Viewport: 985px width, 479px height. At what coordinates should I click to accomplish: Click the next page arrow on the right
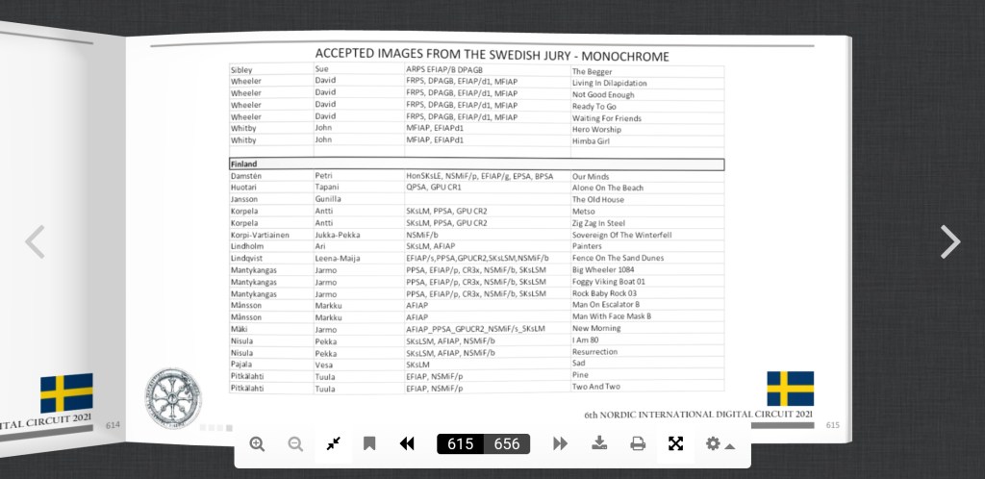click(949, 242)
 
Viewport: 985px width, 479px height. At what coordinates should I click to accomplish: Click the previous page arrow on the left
click(35, 242)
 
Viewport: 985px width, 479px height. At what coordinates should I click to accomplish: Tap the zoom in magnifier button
click(257, 443)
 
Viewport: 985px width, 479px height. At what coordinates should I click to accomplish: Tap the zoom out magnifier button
click(295, 443)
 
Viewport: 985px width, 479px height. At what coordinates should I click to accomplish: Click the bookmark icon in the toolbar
click(369, 443)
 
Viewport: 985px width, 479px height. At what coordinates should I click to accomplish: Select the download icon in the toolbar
click(599, 443)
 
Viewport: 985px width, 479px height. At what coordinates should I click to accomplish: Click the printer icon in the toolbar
click(638, 443)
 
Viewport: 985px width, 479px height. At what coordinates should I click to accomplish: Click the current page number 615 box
click(461, 443)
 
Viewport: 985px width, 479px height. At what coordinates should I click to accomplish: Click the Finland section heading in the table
click(244, 164)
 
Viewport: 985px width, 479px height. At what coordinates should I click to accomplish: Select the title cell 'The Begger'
click(593, 72)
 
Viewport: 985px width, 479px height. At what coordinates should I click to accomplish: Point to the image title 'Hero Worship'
click(596, 129)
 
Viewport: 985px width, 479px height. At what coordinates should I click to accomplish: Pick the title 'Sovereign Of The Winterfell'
click(621, 235)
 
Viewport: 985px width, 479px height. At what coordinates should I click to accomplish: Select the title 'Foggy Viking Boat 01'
click(609, 282)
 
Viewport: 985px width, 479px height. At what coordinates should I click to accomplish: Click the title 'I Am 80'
click(586, 340)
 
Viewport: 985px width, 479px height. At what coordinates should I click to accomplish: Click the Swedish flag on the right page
click(790, 389)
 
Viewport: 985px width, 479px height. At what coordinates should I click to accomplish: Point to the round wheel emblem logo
click(173, 397)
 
